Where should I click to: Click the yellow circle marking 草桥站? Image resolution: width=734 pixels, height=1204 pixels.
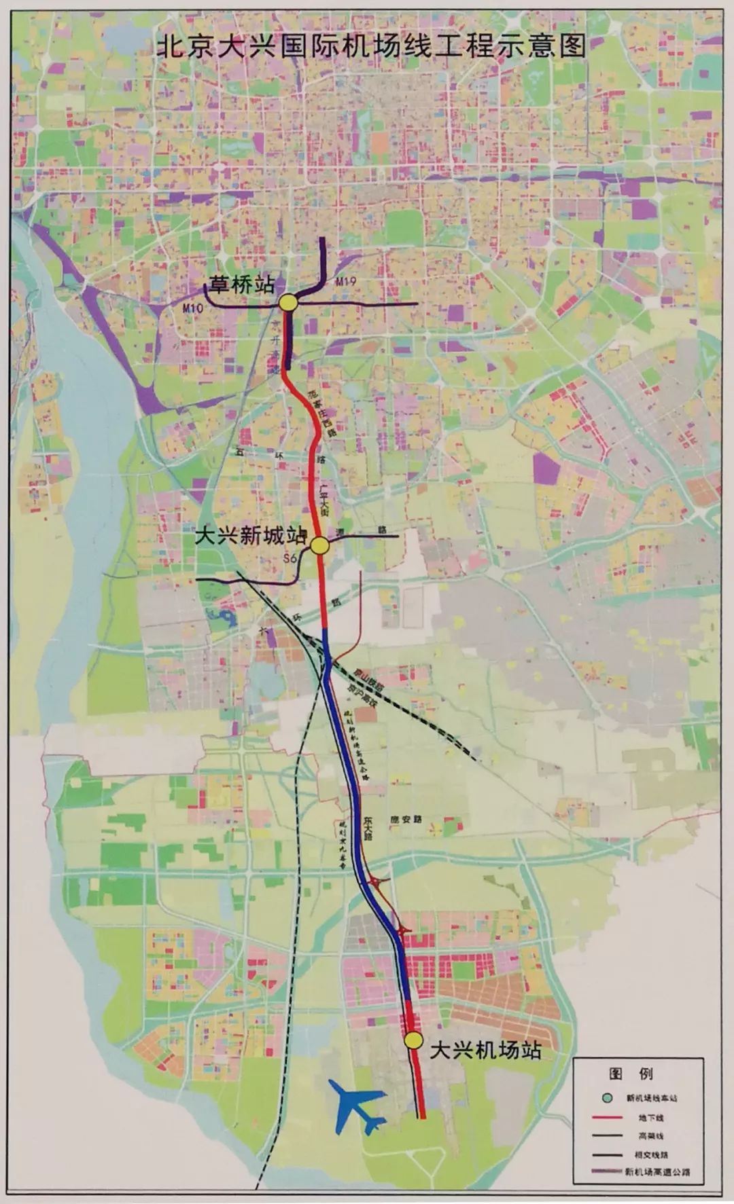coord(287,303)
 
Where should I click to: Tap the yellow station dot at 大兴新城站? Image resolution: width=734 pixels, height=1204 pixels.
coord(319,545)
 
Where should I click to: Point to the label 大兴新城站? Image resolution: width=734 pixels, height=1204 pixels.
coord(251,535)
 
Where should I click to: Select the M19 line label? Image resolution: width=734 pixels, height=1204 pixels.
coord(345,281)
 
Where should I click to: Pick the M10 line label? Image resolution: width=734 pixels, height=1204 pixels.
coord(194,309)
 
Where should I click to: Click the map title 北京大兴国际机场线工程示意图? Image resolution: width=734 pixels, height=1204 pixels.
coord(371,47)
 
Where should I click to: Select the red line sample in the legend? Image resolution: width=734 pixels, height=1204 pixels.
coord(607,1135)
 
